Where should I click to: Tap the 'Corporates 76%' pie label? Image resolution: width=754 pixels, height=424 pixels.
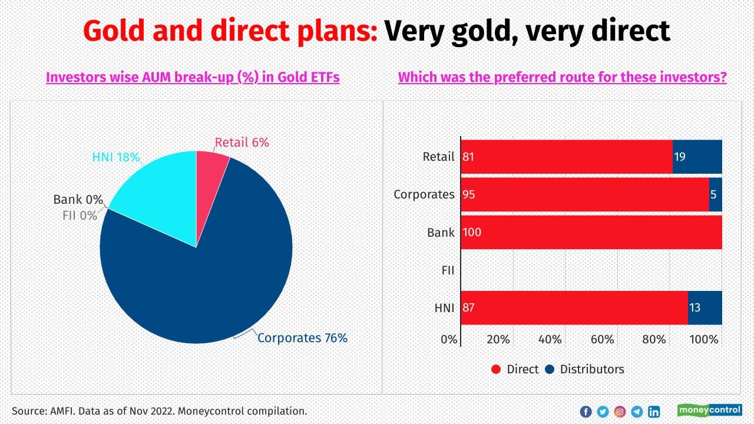(302, 338)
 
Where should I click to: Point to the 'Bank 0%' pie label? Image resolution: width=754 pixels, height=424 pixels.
(78, 200)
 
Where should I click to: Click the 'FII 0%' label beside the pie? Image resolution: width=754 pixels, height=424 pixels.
(80, 216)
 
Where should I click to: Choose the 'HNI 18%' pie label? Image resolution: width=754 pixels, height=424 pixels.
(115, 157)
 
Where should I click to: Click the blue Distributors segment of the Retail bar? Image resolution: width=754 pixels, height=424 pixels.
(697, 157)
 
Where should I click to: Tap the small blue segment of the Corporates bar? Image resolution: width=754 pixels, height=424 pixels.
(715, 194)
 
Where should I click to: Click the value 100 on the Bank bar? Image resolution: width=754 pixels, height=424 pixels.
(472, 232)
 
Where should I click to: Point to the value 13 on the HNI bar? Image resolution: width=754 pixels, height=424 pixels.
(695, 307)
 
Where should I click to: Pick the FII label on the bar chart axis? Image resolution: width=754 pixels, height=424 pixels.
(448, 270)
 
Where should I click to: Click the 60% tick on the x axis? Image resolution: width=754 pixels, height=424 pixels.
(602, 340)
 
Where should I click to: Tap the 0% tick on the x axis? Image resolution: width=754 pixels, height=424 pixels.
(449, 340)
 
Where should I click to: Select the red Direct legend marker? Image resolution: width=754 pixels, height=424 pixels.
(496, 369)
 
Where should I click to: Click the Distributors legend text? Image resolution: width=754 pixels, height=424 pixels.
(591, 369)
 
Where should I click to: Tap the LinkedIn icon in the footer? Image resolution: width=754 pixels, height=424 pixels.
(654, 412)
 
